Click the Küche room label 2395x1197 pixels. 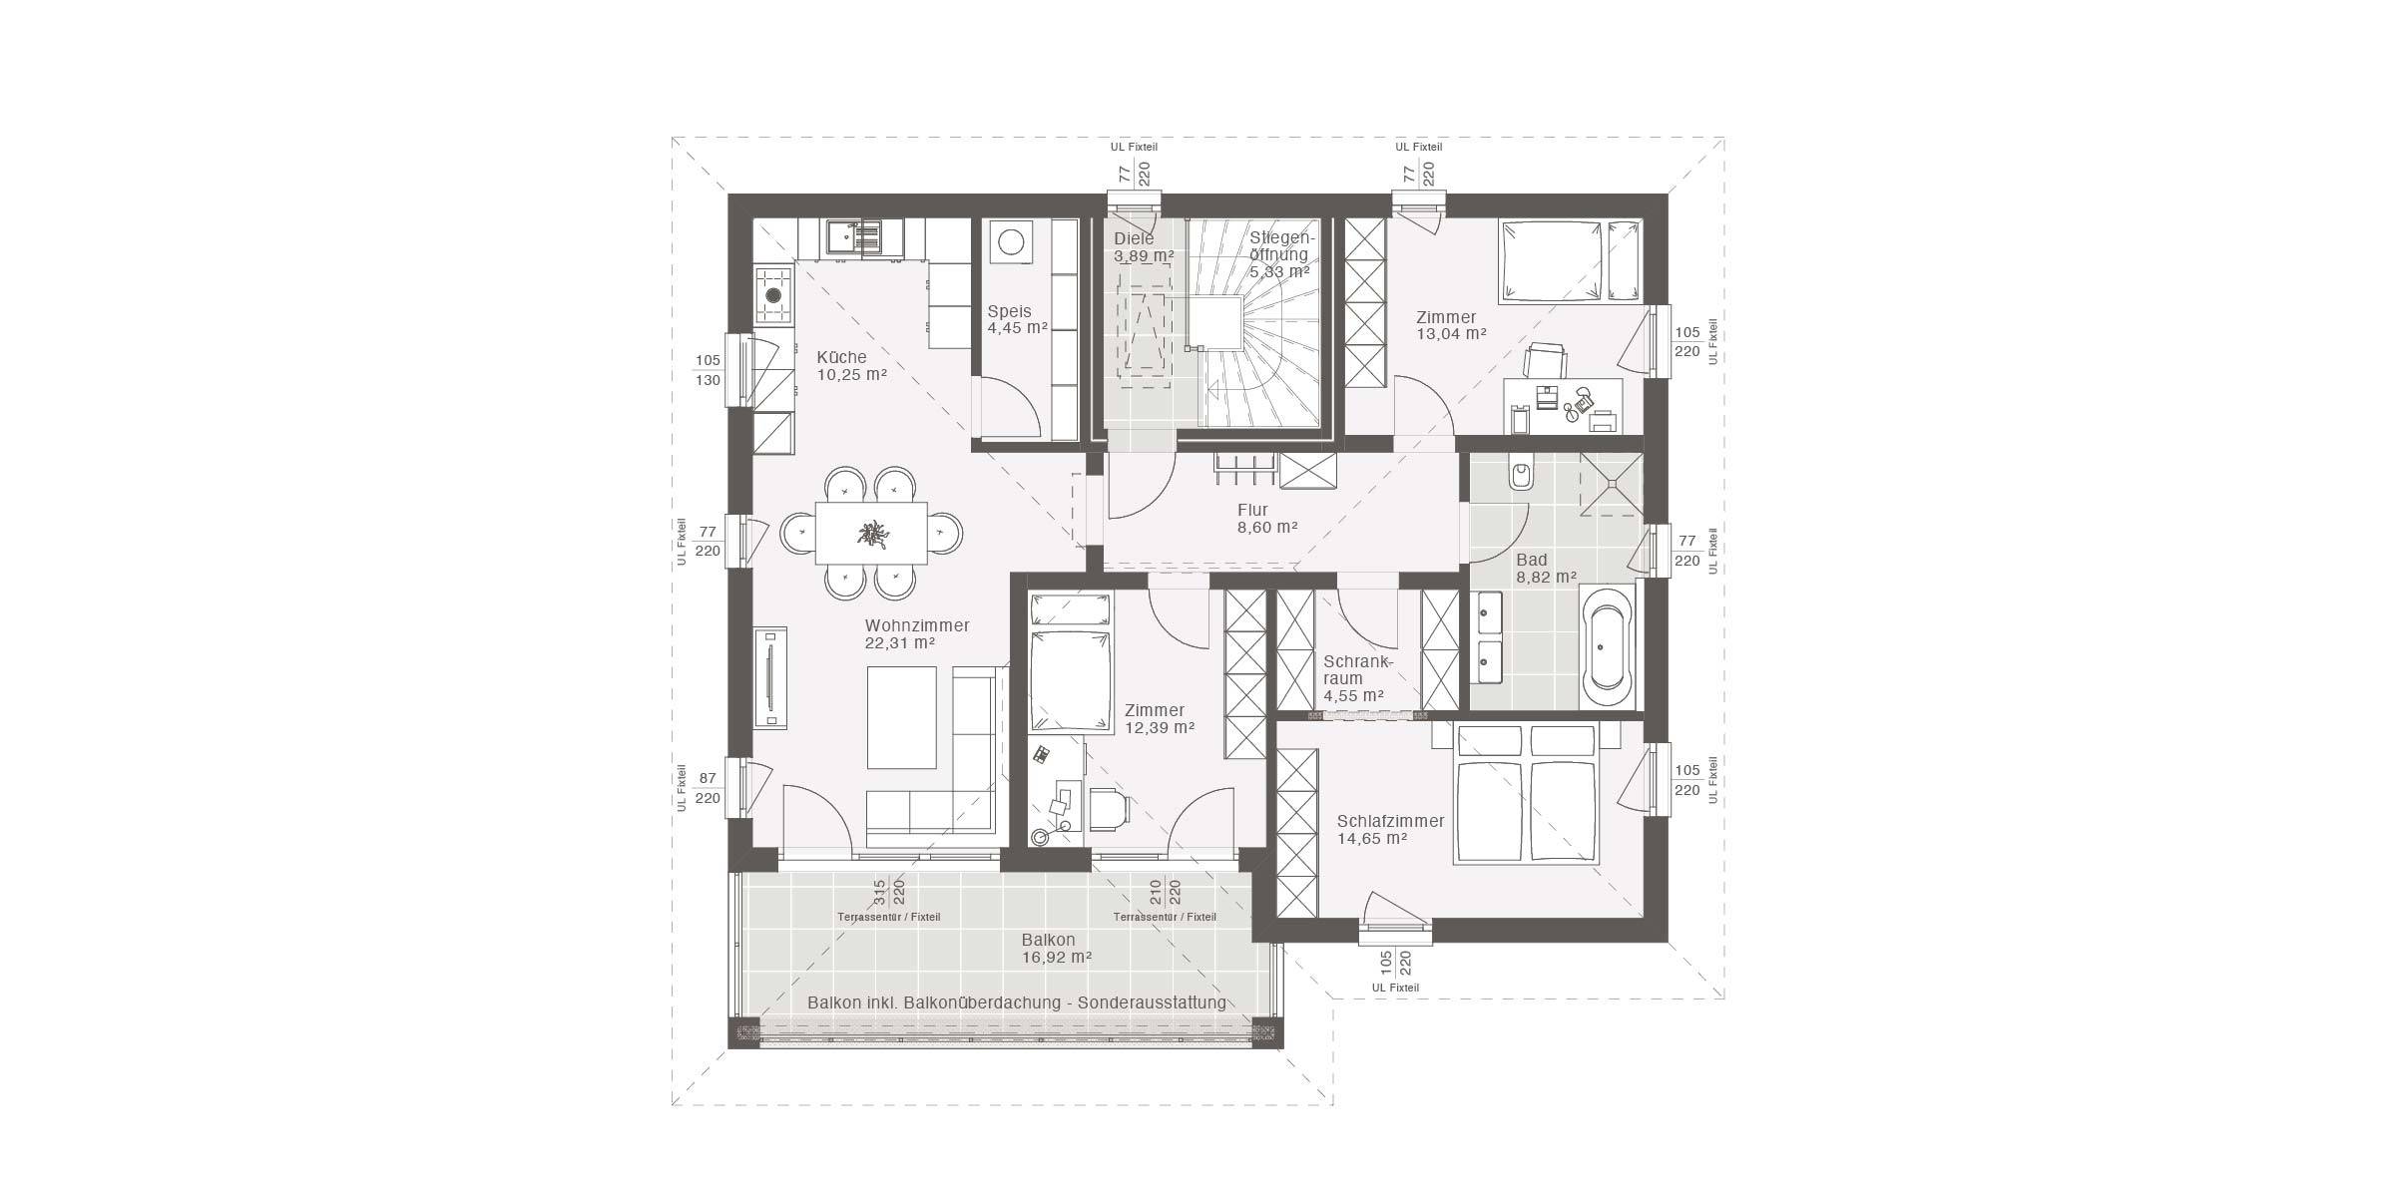(842, 357)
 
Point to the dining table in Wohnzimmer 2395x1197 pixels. (871, 534)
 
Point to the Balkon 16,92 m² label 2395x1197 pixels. (1056, 948)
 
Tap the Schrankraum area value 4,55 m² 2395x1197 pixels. (1353, 696)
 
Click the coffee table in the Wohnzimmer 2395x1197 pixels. (901, 717)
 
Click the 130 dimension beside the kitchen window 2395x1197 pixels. (708, 380)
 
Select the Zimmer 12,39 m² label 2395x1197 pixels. (1159, 719)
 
